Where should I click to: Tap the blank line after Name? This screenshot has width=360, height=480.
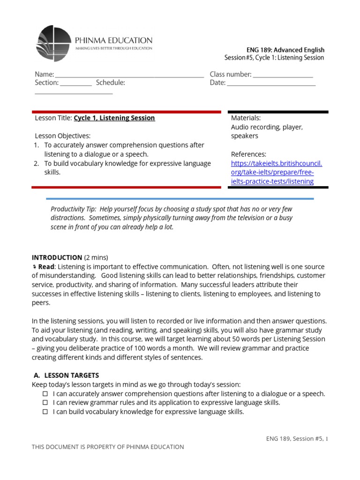[x=129, y=75]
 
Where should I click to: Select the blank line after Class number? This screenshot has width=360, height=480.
[x=283, y=75]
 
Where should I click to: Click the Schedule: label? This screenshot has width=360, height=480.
[x=111, y=82]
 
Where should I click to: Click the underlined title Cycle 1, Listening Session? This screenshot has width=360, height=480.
[x=114, y=118]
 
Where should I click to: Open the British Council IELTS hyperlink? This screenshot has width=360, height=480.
[x=276, y=172]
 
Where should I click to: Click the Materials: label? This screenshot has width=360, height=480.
[x=246, y=118]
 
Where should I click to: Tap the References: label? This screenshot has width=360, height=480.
[x=248, y=154]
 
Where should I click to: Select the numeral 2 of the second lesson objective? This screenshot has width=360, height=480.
[x=36, y=164]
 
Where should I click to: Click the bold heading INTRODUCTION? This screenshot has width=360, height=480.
[x=57, y=257]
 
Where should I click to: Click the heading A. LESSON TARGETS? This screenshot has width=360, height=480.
[x=67, y=375]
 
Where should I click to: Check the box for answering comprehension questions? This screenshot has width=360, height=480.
[x=45, y=394]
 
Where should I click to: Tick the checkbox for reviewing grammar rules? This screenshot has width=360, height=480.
[x=45, y=403]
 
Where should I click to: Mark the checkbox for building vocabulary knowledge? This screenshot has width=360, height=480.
[x=45, y=412]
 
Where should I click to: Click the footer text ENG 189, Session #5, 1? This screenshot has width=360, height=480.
[x=297, y=439]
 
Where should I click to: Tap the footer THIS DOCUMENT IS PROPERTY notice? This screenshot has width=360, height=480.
[x=108, y=447]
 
